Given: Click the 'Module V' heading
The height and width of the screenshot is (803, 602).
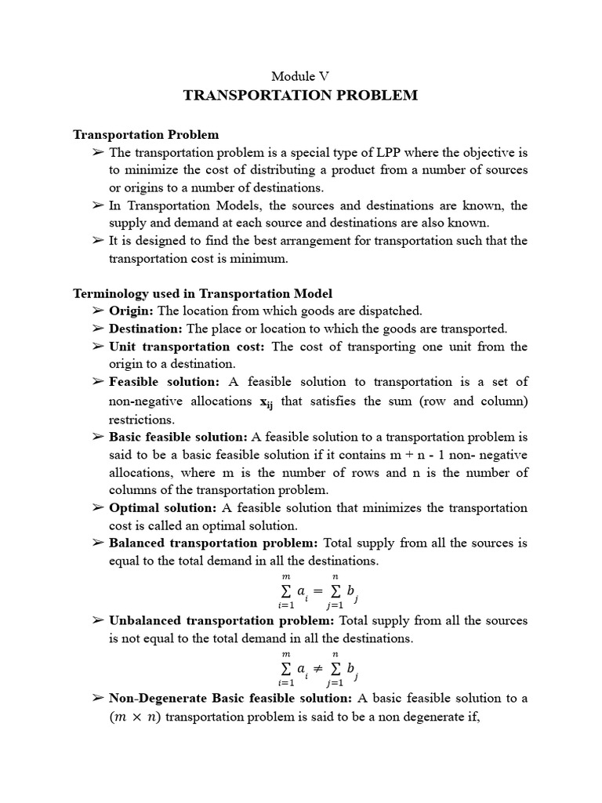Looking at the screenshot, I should [x=300, y=76].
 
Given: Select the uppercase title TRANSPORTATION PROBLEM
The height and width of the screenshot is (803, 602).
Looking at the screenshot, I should [x=300, y=96].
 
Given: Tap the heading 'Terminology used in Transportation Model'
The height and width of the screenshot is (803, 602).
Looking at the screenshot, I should [x=202, y=293].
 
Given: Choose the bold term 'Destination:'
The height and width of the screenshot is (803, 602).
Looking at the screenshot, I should [x=145, y=329].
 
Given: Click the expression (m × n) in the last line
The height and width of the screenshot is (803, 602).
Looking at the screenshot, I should [x=135, y=717].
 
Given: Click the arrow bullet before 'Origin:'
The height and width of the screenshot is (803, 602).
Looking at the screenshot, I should [x=98, y=311].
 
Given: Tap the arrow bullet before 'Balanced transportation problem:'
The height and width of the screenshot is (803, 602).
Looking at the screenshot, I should [x=98, y=543].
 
